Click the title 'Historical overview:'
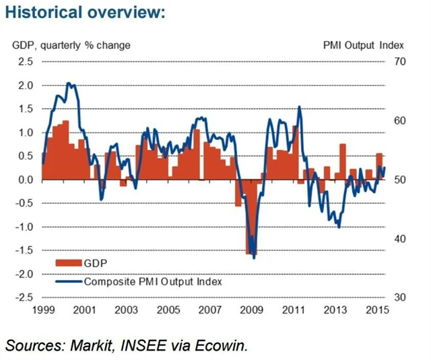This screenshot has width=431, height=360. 84,13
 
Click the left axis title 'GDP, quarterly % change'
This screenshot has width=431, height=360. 71,46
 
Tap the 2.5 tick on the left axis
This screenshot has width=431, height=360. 25,62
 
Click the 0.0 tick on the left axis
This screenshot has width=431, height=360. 25,180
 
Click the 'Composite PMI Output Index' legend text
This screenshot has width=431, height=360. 153,281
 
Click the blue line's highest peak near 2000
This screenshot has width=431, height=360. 69,84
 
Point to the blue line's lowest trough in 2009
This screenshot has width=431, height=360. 254,257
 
